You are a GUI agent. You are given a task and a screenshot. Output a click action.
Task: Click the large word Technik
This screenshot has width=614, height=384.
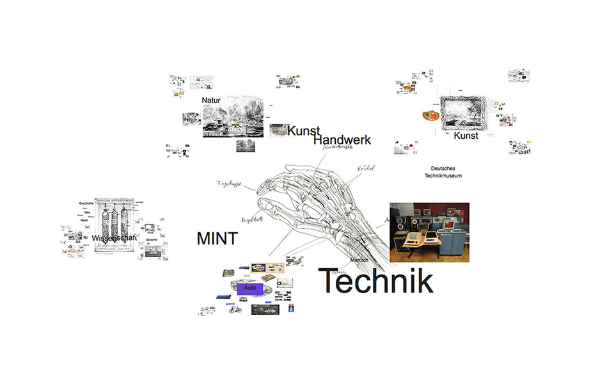(x=375, y=281)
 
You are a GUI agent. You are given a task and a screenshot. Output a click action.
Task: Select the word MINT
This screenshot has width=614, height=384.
(x=217, y=239)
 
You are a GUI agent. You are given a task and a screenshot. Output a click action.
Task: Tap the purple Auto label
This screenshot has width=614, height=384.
(x=250, y=289)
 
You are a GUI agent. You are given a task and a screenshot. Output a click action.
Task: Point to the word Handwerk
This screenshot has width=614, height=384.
(x=342, y=140)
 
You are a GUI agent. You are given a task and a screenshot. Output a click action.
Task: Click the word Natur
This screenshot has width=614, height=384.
(x=211, y=100)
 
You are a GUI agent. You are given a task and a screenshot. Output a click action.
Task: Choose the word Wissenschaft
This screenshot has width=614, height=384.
(x=114, y=239)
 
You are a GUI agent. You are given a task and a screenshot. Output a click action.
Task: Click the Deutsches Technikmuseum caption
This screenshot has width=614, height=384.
(x=446, y=172)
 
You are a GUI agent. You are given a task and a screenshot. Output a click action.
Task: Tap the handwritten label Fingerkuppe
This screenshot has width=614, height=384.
(x=232, y=184)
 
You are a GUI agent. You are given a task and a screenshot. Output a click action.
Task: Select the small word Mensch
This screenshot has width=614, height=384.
(x=359, y=261)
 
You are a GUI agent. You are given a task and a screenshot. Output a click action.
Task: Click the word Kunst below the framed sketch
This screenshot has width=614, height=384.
(x=466, y=136)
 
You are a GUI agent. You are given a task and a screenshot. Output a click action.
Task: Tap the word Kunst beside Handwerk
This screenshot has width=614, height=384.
(x=303, y=131)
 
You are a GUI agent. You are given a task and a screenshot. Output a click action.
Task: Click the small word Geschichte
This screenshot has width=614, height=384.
(x=86, y=203)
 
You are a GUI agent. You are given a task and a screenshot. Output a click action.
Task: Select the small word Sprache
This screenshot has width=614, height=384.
(x=152, y=239)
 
